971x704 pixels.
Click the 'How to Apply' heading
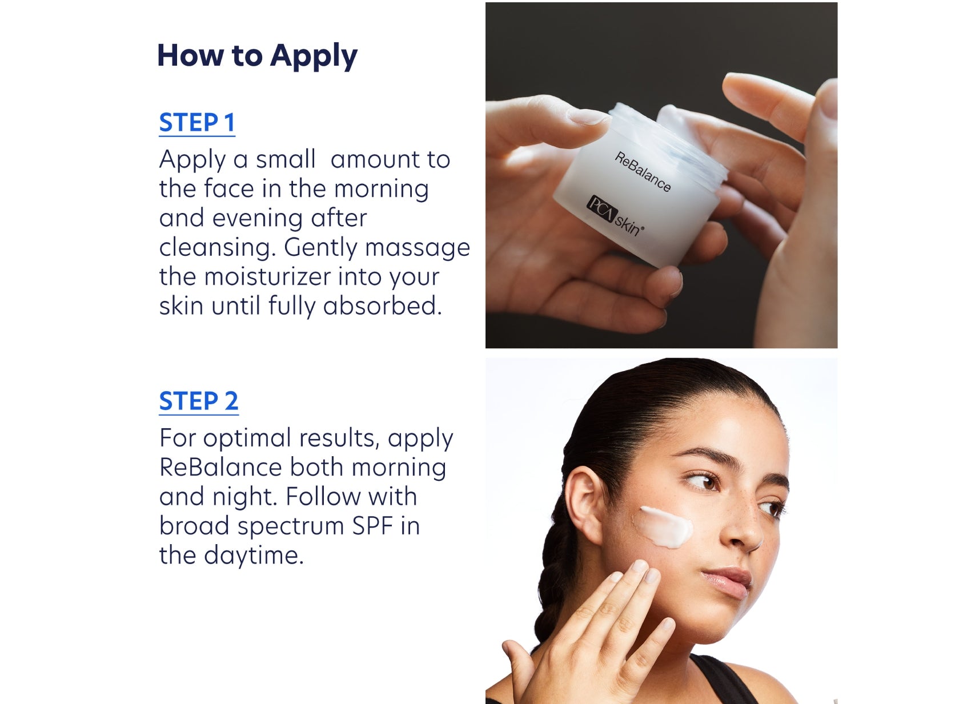click(x=257, y=56)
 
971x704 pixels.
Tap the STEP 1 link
click(x=197, y=123)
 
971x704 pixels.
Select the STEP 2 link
click(x=198, y=401)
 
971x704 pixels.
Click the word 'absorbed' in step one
click(x=382, y=307)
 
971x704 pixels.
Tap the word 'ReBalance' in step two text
click(x=220, y=468)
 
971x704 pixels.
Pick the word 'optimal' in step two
click(x=247, y=439)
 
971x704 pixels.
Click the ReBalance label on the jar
click(x=643, y=172)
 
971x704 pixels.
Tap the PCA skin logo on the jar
click(x=615, y=216)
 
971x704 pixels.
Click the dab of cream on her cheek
click(x=665, y=526)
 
